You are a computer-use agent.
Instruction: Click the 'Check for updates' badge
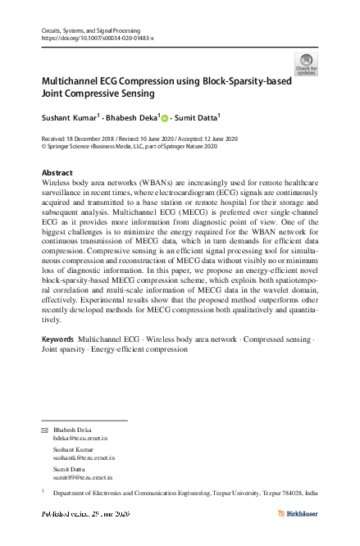[305, 65]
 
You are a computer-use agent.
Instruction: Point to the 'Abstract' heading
[57, 173]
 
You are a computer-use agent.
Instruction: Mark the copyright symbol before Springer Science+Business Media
[43, 147]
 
